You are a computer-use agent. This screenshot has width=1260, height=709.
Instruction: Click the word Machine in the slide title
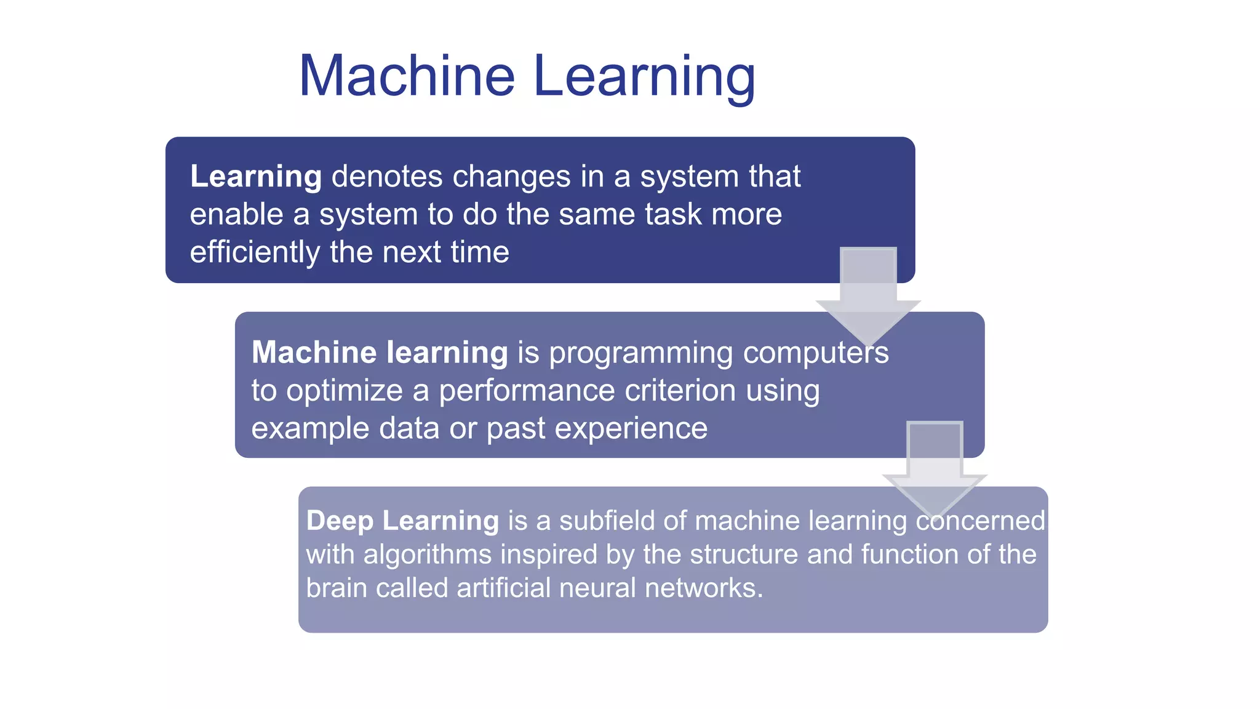pos(407,76)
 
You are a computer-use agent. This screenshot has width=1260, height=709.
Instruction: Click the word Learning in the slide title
pos(644,77)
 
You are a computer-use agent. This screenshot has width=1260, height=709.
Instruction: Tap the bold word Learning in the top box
pos(255,177)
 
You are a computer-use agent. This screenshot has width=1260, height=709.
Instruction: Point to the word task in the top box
pos(673,215)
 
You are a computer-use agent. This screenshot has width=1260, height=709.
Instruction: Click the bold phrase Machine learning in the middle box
pos(380,353)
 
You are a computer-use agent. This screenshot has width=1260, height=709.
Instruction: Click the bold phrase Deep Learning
pos(402,521)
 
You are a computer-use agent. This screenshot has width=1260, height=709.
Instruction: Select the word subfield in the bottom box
pos(605,521)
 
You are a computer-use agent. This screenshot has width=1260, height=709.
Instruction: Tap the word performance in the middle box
pos(527,391)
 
